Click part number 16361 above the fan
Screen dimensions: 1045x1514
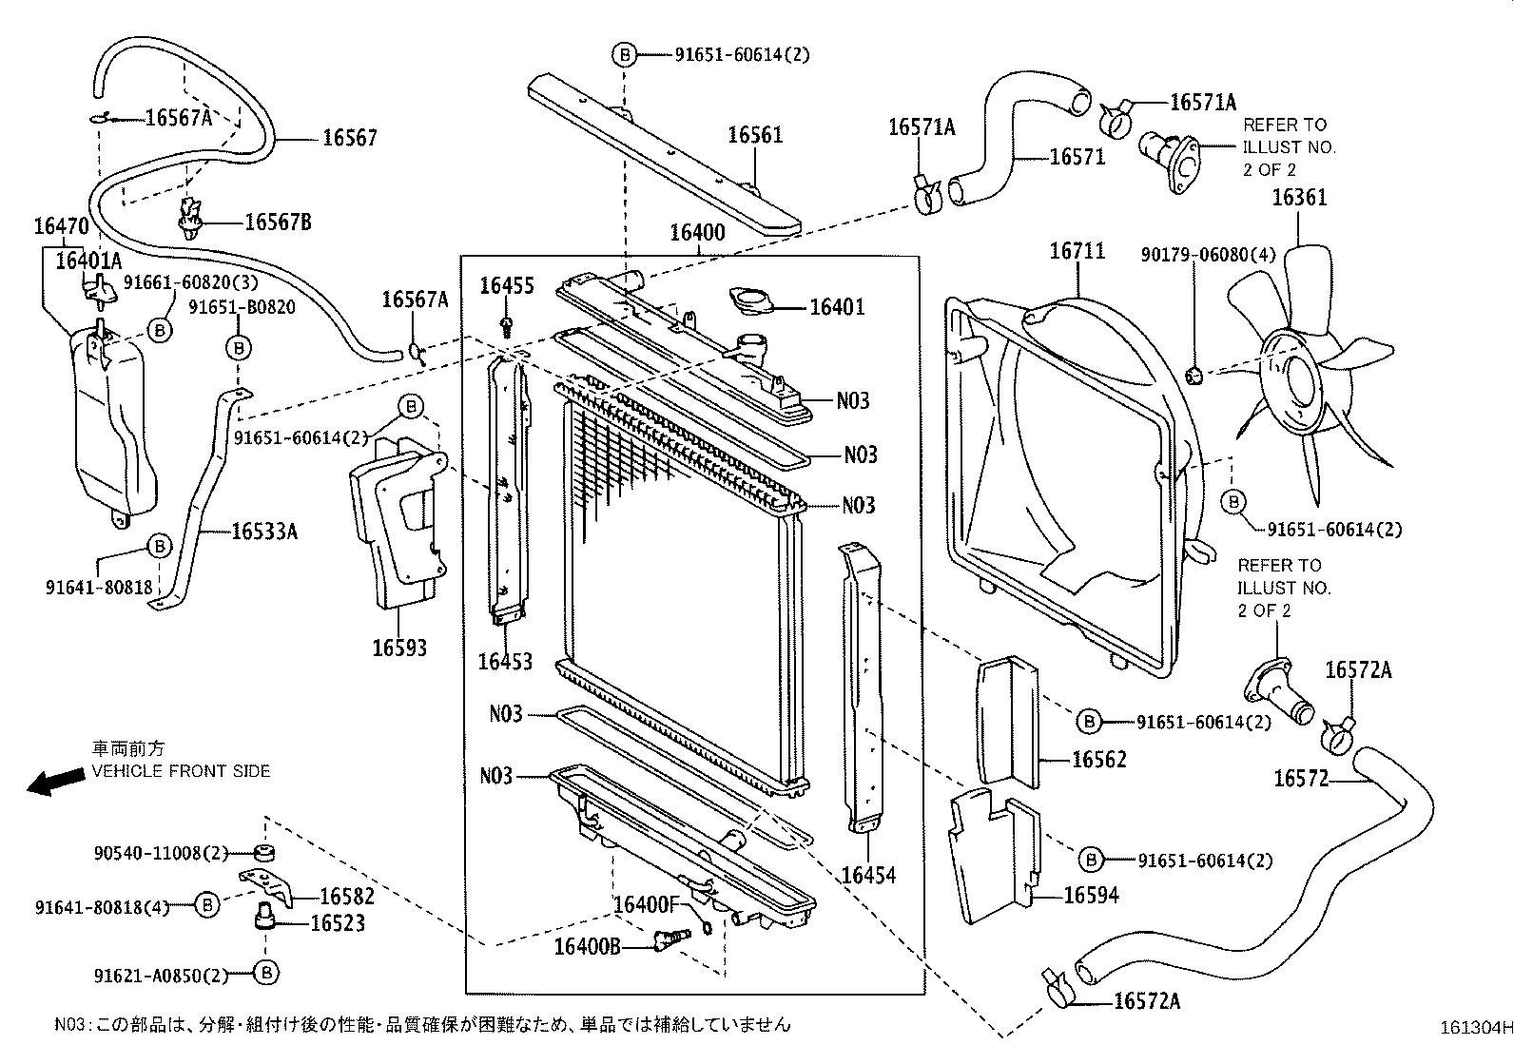tap(1299, 198)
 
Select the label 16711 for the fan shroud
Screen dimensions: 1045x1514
tap(1077, 251)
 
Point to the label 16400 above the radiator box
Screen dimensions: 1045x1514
tap(697, 233)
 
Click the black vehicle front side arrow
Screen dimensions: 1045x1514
tap(55, 782)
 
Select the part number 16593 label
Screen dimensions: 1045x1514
tap(399, 648)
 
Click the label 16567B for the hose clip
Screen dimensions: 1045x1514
tap(278, 223)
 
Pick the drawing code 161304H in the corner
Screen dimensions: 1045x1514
tap(1473, 1027)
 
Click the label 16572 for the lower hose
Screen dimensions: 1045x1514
tap(1300, 780)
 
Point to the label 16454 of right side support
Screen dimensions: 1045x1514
tap(868, 875)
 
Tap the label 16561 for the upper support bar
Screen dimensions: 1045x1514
tap(755, 135)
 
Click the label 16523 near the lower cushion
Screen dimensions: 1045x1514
tap(336, 923)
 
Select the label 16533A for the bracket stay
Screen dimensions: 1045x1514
tap(264, 532)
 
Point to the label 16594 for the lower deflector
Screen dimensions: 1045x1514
tap(1091, 895)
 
